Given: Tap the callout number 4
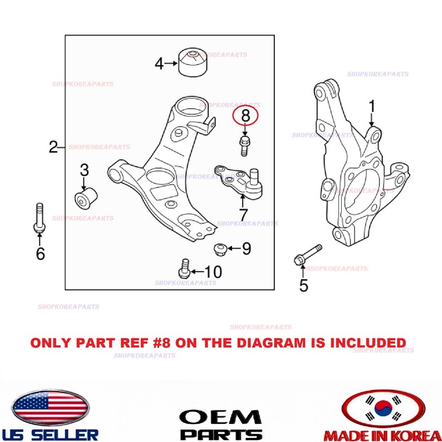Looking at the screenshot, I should tap(160, 64).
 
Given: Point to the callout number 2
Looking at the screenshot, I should tap(54, 146).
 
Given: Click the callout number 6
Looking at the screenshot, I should tap(40, 254).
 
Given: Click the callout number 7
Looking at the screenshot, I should tap(242, 213).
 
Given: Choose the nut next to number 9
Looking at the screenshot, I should tap(218, 249).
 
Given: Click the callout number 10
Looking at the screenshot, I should tap(213, 272).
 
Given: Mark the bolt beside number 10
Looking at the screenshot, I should tap(184, 268).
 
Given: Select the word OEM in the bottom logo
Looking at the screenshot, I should tap(221, 416).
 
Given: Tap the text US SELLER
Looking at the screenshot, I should tap(51, 434).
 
